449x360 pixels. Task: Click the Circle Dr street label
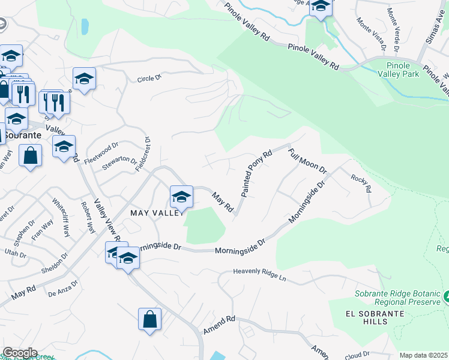(x=149, y=78)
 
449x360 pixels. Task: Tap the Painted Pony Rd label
(x=257, y=173)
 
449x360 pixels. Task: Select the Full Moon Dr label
(x=307, y=161)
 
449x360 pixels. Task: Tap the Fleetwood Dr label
(x=102, y=148)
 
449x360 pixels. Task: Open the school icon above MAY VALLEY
(x=181, y=197)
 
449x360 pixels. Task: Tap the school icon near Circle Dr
(x=84, y=79)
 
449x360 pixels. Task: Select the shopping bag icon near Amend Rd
(x=149, y=319)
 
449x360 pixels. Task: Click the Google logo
(x=19, y=353)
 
